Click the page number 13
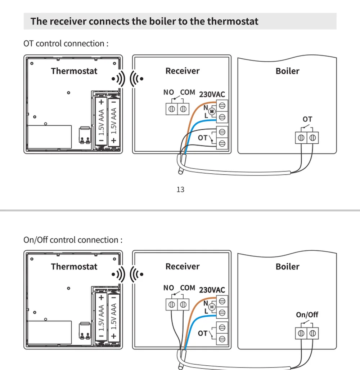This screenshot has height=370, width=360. tap(180, 189)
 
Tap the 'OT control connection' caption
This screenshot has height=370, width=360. tap(66, 44)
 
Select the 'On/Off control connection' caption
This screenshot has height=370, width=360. tap(73, 240)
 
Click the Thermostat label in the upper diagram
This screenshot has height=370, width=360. tap(74, 71)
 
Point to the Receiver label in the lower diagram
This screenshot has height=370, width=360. tap(182, 267)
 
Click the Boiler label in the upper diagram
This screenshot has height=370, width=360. tap(287, 71)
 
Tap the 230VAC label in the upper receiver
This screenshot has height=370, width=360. tap(212, 94)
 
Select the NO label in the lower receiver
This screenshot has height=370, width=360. tap(168, 288)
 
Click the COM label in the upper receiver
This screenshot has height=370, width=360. tap(188, 92)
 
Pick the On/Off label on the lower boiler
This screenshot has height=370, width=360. tap(307, 315)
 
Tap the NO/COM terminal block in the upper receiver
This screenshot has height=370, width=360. tap(178, 109)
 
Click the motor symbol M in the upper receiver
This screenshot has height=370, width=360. tap(212, 112)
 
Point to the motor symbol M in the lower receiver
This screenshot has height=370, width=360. tap(212, 307)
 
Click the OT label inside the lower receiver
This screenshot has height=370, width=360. tap(202, 334)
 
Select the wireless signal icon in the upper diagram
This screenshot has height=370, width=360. tap(127, 78)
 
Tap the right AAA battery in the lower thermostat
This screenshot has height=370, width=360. tap(114, 317)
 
